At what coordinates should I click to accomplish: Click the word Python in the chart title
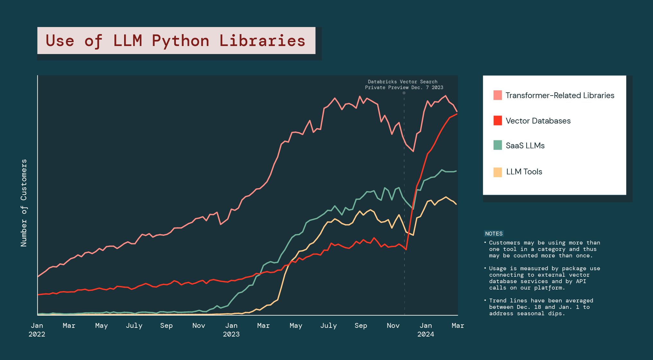coord(180,41)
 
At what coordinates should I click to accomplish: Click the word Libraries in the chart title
coord(262,41)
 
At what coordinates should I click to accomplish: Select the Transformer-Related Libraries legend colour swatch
coord(497,95)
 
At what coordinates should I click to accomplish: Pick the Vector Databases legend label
coord(538,121)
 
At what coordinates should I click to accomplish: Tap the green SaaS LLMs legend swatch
coord(497,145)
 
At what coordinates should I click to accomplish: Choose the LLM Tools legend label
coord(524,172)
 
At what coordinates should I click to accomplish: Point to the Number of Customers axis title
coord(24,203)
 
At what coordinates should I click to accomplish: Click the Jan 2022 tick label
coord(37,330)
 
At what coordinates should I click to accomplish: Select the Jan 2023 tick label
coord(231,330)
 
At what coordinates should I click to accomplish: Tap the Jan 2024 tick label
coord(426,330)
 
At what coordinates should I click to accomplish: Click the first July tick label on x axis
coord(134,326)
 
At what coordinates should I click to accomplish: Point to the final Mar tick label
coord(458,326)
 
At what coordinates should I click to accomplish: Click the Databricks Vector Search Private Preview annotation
coord(404,85)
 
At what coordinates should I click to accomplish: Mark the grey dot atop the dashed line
coord(404,93)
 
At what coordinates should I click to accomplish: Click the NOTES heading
coord(494,234)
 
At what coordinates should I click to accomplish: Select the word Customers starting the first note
coord(504,243)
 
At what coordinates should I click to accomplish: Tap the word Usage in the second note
coord(498,268)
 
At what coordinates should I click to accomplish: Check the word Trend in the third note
coord(498,300)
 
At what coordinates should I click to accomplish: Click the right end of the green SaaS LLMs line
coord(456,171)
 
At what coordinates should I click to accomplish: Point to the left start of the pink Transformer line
coord(38,276)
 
